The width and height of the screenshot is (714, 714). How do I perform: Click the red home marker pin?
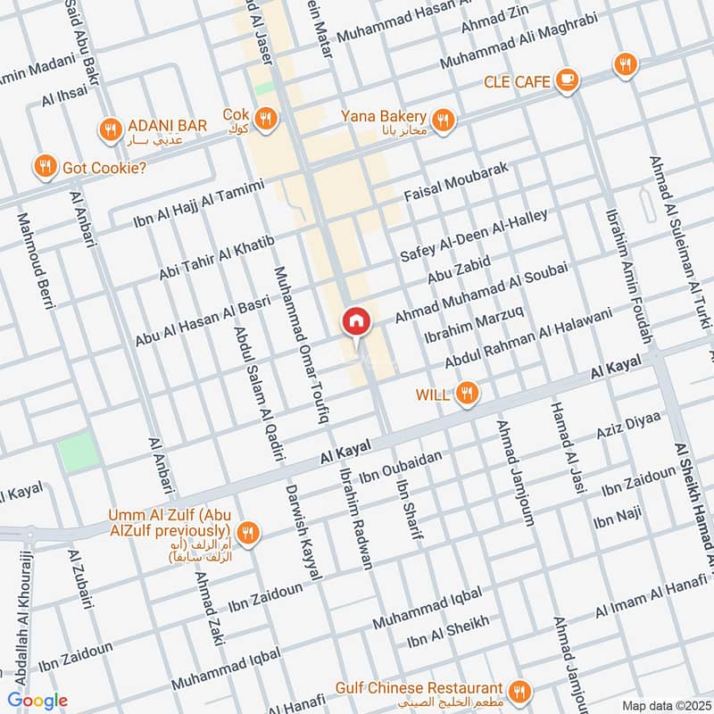point(356,322)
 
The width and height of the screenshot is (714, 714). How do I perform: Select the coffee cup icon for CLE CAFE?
point(566,81)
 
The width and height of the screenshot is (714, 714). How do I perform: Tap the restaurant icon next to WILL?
point(466,393)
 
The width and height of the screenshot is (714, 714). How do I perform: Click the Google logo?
point(38,701)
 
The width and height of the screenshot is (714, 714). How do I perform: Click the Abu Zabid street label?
point(460,270)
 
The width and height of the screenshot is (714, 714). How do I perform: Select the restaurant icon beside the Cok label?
point(265,117)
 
